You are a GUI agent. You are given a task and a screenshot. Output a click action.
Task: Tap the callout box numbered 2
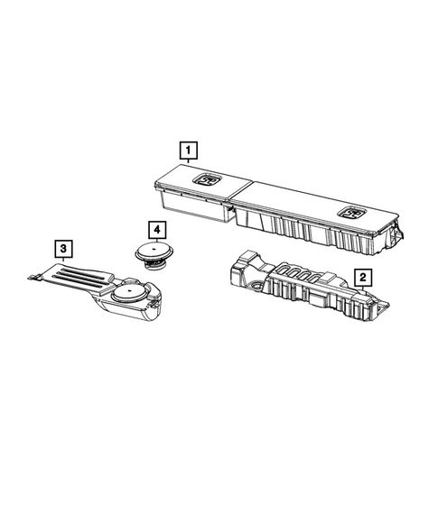[361, 278]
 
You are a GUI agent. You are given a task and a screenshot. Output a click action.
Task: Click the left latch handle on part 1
[207, 181]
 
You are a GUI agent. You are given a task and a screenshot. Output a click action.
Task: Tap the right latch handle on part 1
[348, 213]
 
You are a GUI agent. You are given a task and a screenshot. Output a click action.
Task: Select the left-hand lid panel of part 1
[199, 185]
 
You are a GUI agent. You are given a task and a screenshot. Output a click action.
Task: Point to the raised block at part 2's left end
[239, 263]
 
